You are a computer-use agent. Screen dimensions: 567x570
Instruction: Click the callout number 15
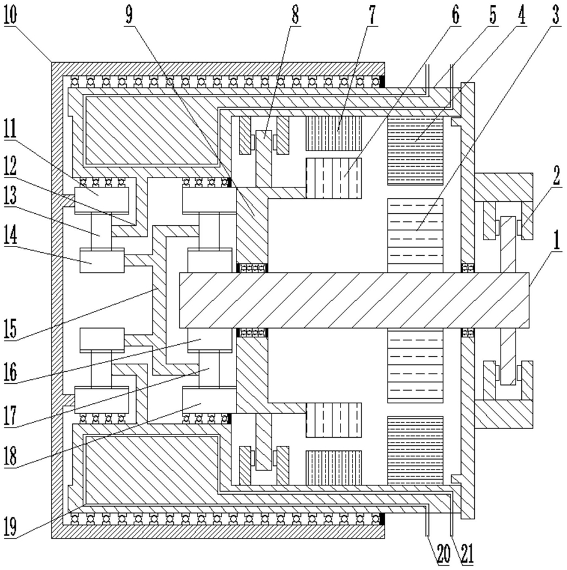click(11, 329)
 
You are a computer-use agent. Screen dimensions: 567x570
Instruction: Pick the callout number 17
click(11, 414)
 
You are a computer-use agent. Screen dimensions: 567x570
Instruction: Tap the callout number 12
click(11, 167)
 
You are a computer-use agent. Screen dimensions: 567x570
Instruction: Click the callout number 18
click(11, 455)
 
